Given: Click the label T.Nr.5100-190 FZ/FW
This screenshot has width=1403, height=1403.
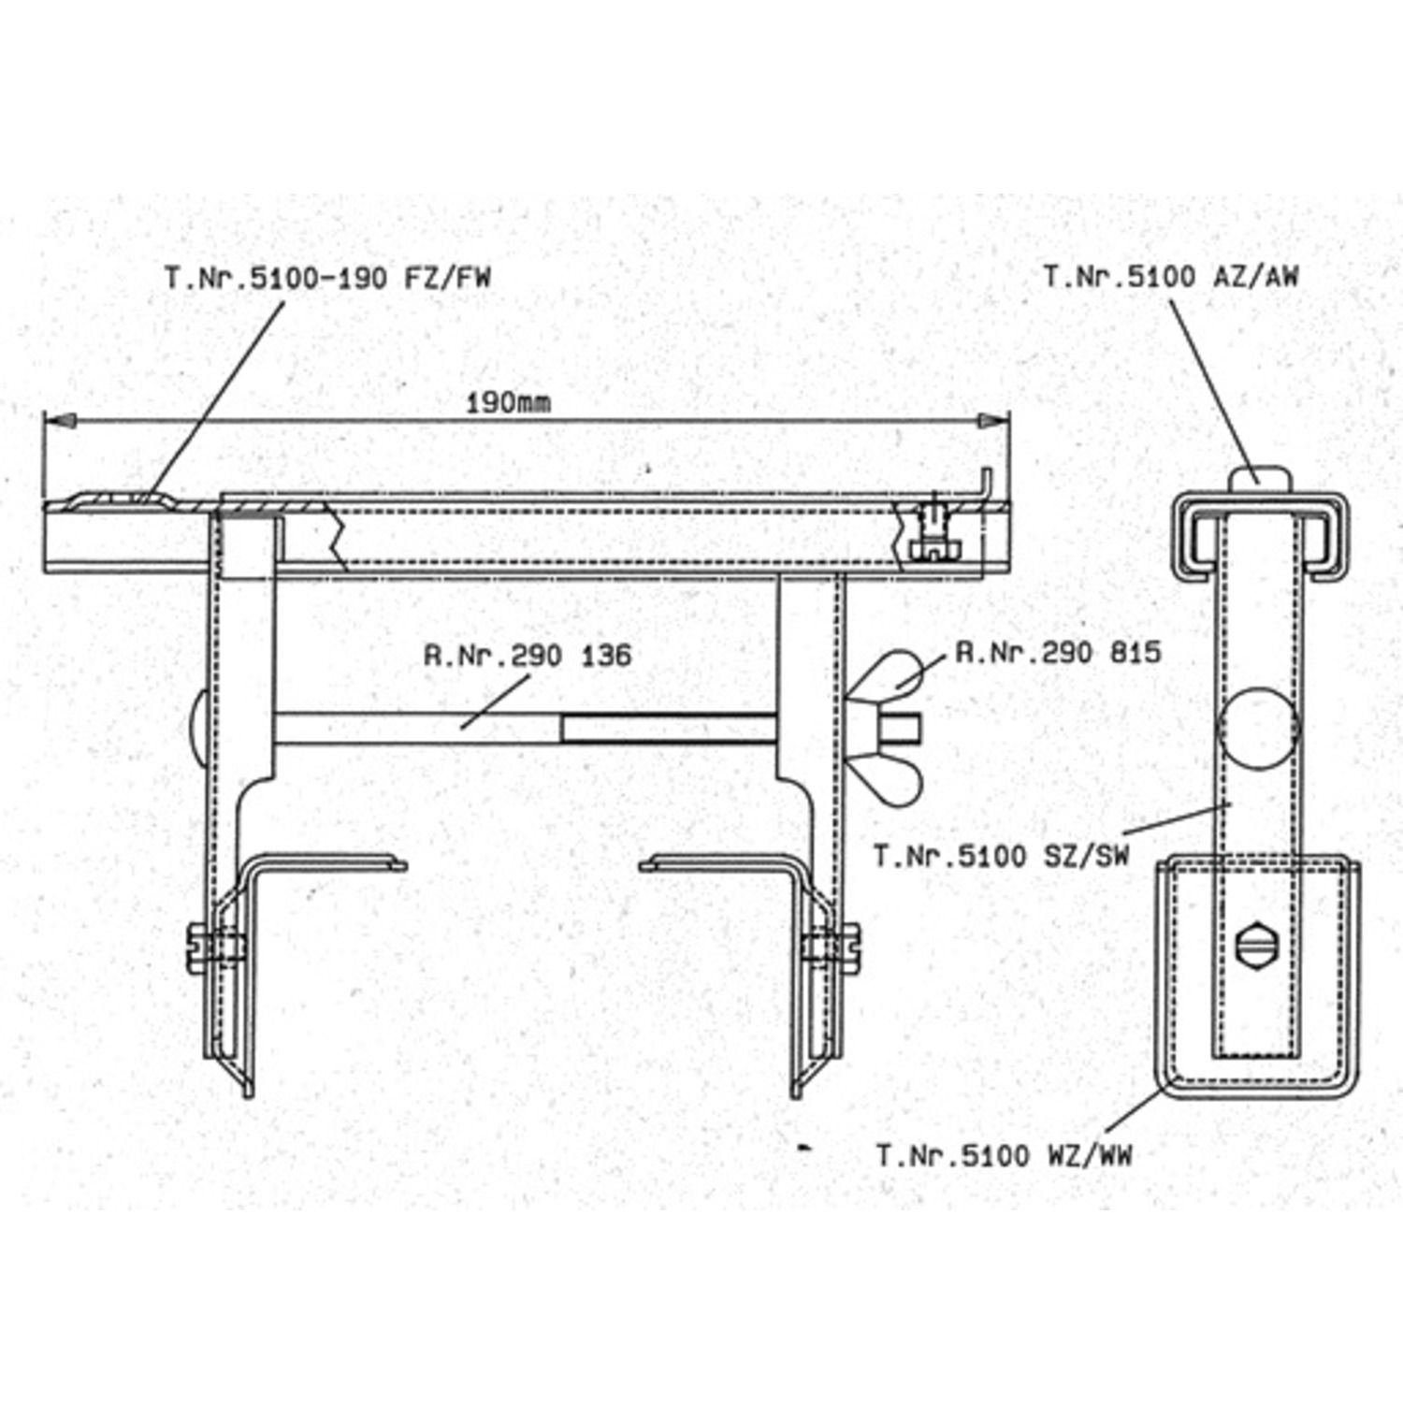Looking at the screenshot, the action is click(x=327, y=278).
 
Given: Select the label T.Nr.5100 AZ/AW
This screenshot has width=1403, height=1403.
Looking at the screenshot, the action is click(x=1171, y=276).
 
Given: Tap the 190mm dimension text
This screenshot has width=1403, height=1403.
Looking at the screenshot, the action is click(x=508, y=403).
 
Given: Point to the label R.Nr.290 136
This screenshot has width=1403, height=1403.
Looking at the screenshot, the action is click(x=528, y=655).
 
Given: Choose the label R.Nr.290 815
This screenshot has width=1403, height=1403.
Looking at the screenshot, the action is click(x=1058, y=652).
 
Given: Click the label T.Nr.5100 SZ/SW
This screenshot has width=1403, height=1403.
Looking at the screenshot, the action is click(x=1002, y=855).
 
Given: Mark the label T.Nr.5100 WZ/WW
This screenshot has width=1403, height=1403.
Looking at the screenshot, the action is click(x=1004, y=1155).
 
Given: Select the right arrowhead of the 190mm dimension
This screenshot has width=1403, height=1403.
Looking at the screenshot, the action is click(x=993, y=422).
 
